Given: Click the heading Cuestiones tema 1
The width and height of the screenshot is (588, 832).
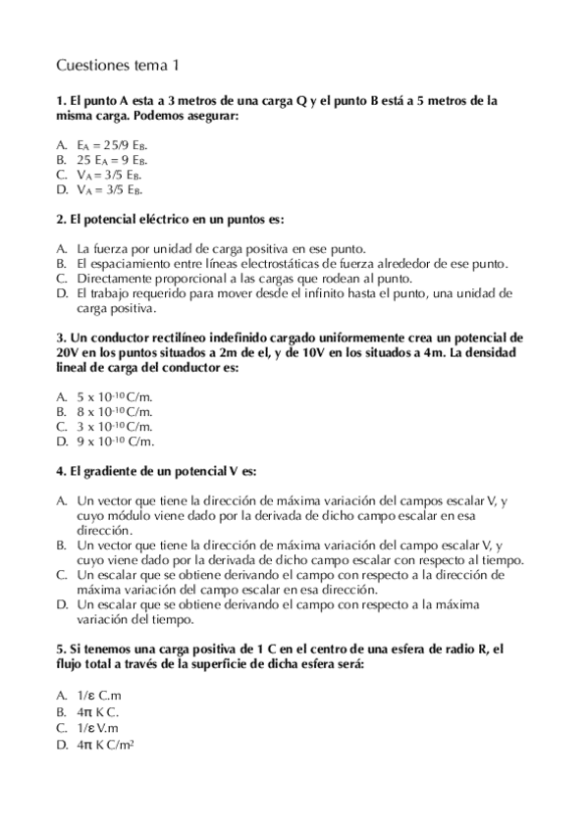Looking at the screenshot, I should [118, 66].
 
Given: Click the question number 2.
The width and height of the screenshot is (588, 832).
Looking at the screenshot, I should [61, 218].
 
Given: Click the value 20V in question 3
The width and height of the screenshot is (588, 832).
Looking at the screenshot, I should [68, 351].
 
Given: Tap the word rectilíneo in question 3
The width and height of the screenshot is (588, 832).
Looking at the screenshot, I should [181, 337].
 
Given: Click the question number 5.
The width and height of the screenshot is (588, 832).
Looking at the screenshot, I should [61, 650].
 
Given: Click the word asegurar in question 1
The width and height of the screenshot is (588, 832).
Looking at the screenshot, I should [210, 115].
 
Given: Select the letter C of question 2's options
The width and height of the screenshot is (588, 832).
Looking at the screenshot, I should [62, 279].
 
